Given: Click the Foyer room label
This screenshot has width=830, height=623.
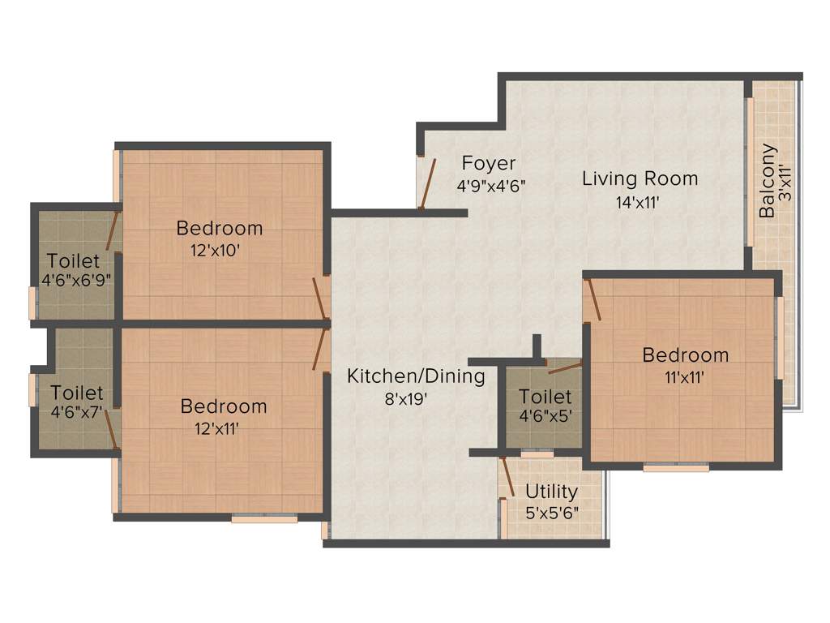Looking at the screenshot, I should [489, 163].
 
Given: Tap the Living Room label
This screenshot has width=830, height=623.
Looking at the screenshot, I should [640, 178].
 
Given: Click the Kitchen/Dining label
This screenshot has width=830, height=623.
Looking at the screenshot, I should [416, 376].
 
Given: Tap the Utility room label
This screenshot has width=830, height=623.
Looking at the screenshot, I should [551, 492].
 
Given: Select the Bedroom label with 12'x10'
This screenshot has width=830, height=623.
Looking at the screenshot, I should [220, 228].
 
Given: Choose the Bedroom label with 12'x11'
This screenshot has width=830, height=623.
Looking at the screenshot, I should [224, 406].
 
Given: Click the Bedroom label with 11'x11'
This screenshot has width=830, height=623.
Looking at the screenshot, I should [685, 354].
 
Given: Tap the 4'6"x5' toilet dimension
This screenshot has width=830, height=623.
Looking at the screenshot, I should [545, 418].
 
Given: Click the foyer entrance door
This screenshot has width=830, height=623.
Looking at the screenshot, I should [428, 183].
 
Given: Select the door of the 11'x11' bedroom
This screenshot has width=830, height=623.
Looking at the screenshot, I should [593, 299].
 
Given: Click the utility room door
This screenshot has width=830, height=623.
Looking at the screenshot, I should [507, 477].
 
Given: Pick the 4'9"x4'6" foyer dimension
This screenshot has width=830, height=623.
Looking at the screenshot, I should [491, 186].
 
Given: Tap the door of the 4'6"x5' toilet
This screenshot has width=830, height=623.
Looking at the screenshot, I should [565, 367].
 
